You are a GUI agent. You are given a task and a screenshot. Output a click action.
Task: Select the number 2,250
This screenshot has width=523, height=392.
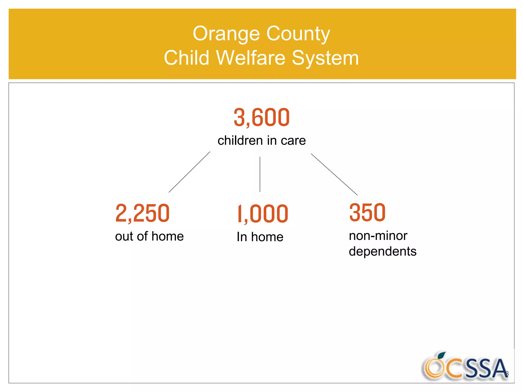[142, 213]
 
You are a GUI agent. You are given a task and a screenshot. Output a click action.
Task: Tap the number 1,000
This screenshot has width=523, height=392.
[263, 214]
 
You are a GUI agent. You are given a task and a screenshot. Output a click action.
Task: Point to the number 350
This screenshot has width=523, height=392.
[367, 212]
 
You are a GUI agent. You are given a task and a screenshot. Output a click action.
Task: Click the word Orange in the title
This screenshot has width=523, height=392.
[226, 34]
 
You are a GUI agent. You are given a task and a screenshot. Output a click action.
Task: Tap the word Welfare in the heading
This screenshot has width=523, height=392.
[251, 58]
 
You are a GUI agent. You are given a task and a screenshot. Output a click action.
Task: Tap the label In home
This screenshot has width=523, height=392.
[260, 237]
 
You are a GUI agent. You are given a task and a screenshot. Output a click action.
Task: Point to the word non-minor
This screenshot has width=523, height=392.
[378, 236]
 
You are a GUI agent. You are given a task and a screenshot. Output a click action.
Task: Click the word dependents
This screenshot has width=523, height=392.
[383, 251]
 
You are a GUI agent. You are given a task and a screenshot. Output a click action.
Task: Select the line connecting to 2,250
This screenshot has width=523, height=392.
[189, 172]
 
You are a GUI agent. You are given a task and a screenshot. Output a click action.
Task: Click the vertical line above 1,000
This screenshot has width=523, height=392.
[260, 174]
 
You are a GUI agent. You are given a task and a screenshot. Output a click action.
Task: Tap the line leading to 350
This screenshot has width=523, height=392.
[334, 174]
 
